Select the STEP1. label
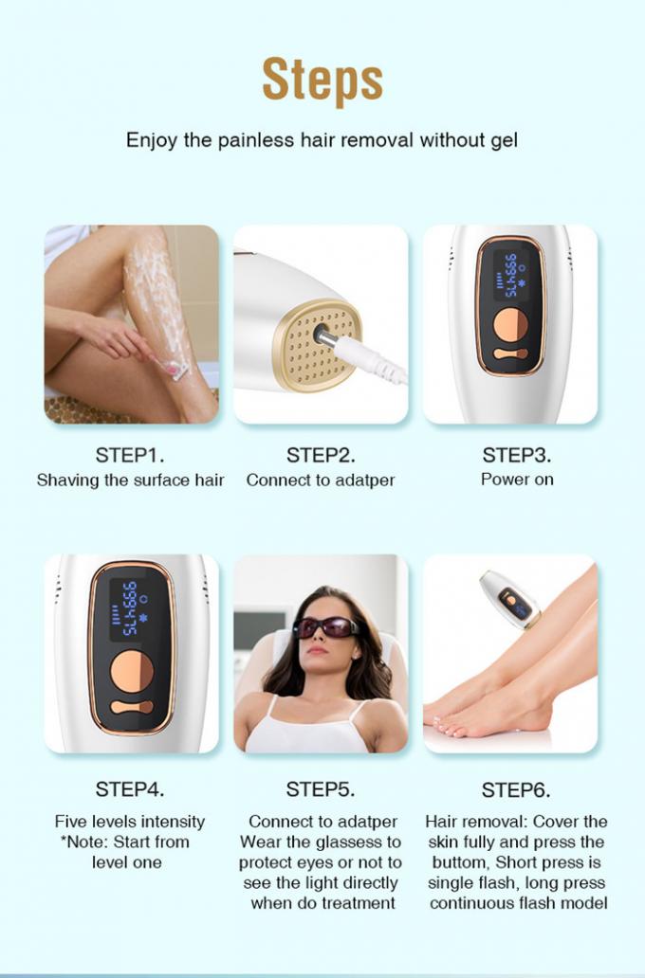point(130,455)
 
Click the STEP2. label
point(321,455)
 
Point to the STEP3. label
point(517,455)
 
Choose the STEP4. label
point(130,789)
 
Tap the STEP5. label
point(321,789)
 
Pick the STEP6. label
point(516,790)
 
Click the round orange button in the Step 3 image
point(510,325)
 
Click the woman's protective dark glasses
point(326,627)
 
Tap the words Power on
point(517,480)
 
